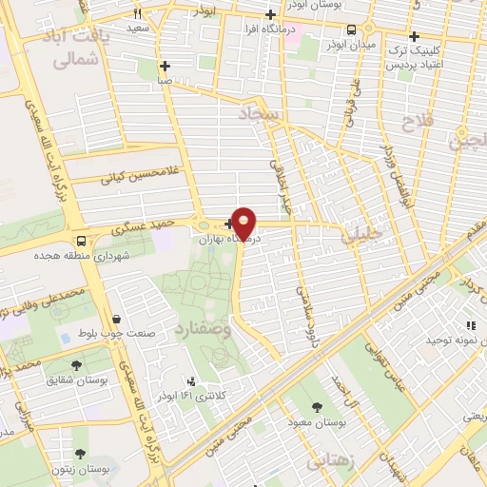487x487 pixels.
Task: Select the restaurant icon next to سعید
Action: (x=138, y=13)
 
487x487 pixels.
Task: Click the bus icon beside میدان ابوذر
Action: (x=351, y=29)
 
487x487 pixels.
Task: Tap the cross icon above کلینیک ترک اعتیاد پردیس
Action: (x=414, y=36)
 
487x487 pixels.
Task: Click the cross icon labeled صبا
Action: (x=166, y=66)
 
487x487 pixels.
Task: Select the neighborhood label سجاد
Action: (x=261, y=115)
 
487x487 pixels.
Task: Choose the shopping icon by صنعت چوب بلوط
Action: (x=116, y=319)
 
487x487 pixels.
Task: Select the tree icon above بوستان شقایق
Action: (x=76, y=363)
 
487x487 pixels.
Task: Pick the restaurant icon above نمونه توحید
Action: (x=470, y=324)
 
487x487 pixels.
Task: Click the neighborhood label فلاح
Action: (x=417, y=122)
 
